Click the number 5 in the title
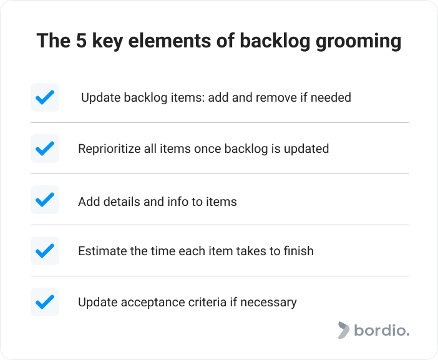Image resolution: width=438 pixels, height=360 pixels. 81,41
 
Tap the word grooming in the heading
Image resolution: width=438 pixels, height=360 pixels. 358,42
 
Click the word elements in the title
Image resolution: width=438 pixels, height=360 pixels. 170,41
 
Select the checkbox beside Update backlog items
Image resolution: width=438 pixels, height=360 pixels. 45,97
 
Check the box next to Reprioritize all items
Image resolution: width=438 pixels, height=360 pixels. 45,148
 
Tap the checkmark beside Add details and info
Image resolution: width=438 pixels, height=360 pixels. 45,200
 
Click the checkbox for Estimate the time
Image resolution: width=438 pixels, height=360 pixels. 45,251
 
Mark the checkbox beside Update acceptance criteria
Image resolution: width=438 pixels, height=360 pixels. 45,302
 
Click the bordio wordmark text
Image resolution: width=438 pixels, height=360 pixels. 382,330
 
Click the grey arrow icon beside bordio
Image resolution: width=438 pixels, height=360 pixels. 344,330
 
